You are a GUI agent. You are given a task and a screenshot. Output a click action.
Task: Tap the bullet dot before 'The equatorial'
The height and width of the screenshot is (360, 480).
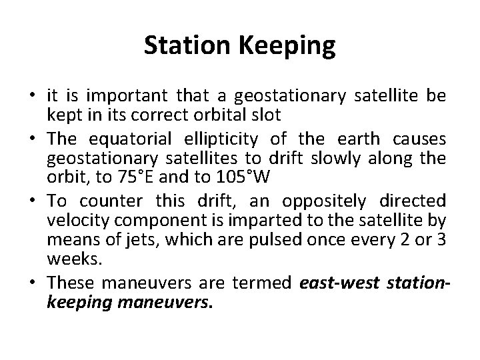[x=32, y=138]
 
